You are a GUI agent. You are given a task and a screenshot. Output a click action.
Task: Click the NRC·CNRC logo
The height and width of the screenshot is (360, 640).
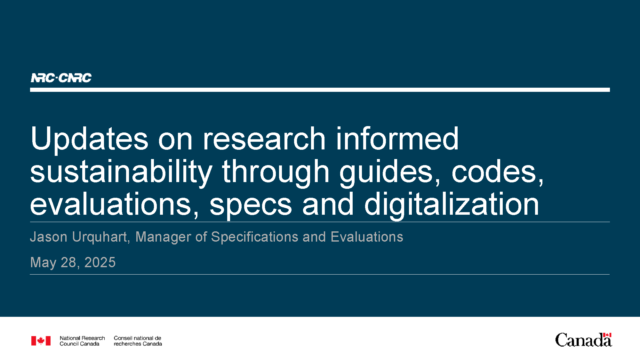click(61, 78)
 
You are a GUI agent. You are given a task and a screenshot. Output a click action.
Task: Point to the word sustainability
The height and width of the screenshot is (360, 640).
click(121, 173)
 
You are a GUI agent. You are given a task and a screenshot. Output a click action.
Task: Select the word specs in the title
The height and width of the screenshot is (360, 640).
click(251, 206)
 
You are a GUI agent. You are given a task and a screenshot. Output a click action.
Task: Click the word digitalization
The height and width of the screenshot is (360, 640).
click(452, 205)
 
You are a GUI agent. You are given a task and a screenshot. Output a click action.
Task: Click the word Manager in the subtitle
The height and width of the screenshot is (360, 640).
click(163, 237)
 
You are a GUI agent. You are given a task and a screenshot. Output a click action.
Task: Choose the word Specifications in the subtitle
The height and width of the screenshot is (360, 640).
click(255, 237)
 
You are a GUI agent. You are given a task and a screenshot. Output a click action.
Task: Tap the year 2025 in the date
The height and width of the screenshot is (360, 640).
click(100, 262)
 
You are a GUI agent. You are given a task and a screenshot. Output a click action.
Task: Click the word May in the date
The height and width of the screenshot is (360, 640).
click(43, 263)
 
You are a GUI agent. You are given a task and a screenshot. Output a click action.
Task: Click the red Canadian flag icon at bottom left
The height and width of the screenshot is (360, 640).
click(41, 341)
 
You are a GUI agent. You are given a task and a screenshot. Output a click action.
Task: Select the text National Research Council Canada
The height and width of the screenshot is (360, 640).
click(82, 341)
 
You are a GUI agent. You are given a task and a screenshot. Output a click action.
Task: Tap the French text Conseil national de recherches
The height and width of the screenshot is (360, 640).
click(138, 341)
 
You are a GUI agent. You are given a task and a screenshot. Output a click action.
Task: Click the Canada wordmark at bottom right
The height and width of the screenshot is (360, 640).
click(583, 340)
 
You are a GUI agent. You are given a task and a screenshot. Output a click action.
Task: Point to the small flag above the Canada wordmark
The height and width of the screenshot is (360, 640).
click(607, 335)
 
